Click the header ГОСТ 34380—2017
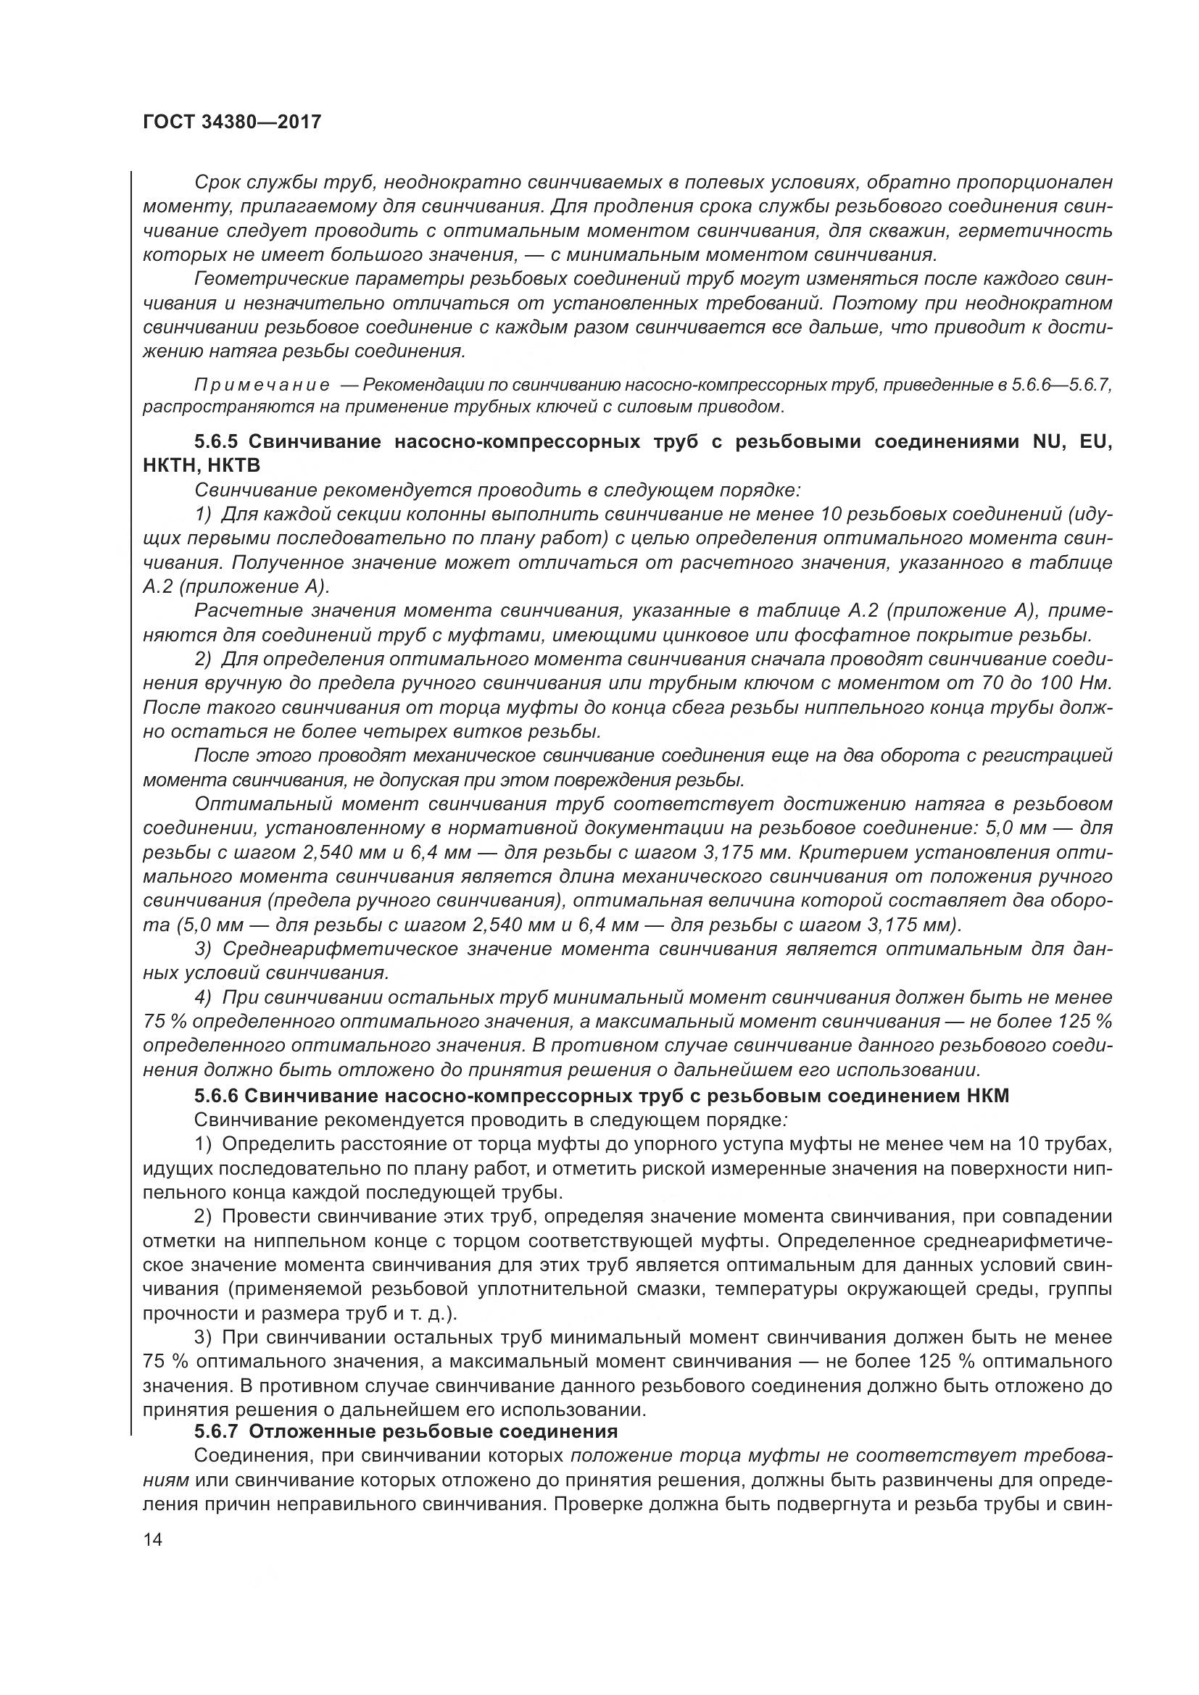(231, 122)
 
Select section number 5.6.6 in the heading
(215, 1096)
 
